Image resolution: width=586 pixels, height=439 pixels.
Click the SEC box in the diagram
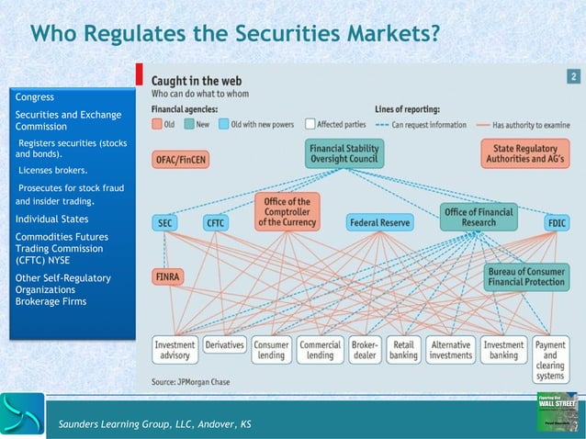pyautogui.click(x=165, y=222)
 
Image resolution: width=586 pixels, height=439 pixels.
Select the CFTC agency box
pyautogui.click(x=215, y=222)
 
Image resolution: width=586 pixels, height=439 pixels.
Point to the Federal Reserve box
pyautogui.click(x=380, y=222)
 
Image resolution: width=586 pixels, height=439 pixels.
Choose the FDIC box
pyautogui.click(x=556, y=222)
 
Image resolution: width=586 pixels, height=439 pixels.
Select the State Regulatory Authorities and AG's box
pyautogui.click(x=524, y=152)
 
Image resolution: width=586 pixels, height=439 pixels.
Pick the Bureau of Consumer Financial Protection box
pyautogui.click(x=527, y=277)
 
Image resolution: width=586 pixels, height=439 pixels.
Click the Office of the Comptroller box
pyautogui.click(x=286, y=211)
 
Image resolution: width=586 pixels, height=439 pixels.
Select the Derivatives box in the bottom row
pyautogui.click(x=224, y=345)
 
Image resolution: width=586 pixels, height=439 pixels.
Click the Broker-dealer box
pyautogui.click(x=366, y=350)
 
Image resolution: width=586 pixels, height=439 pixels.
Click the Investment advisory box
pyautogui.click(x=175, y=350)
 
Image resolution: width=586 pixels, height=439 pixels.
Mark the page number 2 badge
pyautogui.click(x=572, y=77)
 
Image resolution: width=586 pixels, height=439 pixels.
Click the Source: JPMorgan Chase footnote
pyautogui.click(x=192, y=380)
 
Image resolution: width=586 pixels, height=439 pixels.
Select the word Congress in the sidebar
pyautogui.click(x=35, y=96)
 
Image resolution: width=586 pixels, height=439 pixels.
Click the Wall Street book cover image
pyautogui.click(x=557, y=410)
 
